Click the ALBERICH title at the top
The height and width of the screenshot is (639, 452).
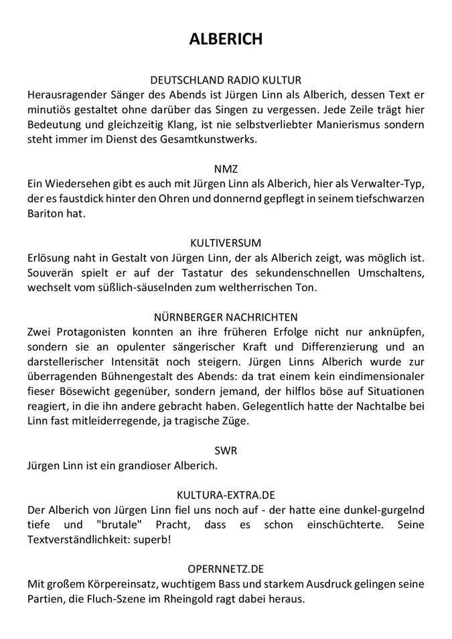[226, 39]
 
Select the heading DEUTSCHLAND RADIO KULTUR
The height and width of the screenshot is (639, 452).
[226, 80]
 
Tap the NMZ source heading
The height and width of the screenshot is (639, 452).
[226, 169]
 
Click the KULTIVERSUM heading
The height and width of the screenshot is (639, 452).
[226, 243]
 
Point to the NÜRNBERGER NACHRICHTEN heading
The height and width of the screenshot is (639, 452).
[226, 316]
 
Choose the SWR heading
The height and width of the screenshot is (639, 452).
[226, 450]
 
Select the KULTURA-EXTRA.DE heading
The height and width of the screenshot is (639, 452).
[226, 495]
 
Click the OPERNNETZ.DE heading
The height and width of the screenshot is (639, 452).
[226, 569]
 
